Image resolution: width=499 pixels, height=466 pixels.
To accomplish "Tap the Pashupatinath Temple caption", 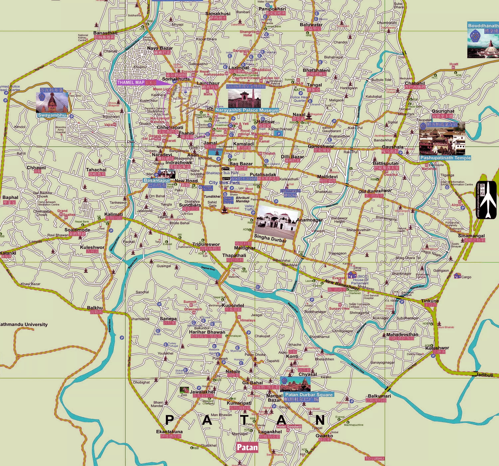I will click(x=445, y=158).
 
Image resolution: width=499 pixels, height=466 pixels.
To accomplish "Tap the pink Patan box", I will click(x=247, y=447).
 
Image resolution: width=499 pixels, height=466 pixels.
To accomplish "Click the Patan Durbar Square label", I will click(x=309, y=395).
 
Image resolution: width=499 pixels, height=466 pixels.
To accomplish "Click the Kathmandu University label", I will click(x=24, y=324).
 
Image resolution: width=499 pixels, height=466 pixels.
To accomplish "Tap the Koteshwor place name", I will click(x=437, y=348).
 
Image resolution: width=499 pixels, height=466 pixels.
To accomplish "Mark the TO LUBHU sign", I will click(x=375, y=459).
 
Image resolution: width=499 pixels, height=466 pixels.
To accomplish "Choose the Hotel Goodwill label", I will click(x=289, y=427).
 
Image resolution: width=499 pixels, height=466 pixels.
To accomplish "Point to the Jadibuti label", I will click(x=484, y=375).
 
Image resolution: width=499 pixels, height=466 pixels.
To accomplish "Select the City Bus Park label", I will click(x=224, y=183).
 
